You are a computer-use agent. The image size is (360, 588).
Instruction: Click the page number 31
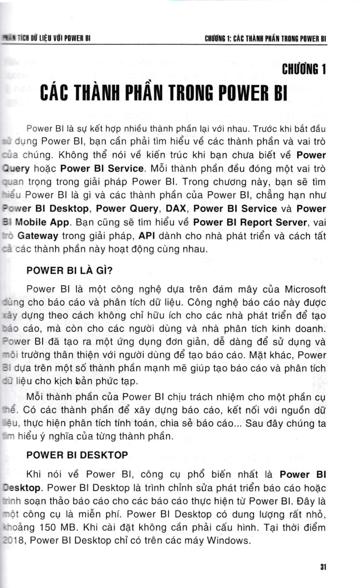click(323, 567)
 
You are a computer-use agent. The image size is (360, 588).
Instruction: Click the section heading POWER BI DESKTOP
click(77, 455)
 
